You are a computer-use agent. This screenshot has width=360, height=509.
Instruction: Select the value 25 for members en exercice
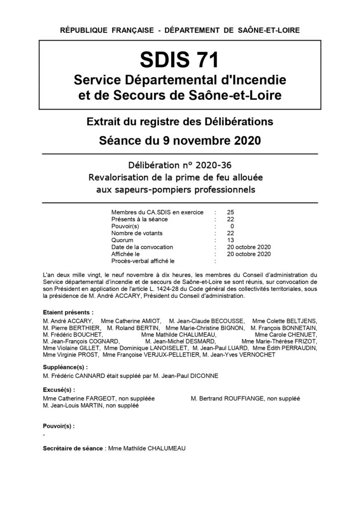tap(230, 212)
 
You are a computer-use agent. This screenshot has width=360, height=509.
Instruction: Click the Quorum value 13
tap(230, 240)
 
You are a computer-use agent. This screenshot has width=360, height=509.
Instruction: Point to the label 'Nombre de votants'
tap(137, 233)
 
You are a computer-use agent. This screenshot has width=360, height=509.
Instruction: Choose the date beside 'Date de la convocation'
tap(248, 247)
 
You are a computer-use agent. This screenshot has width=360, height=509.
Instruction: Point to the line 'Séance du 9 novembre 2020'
tap(180, 140)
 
